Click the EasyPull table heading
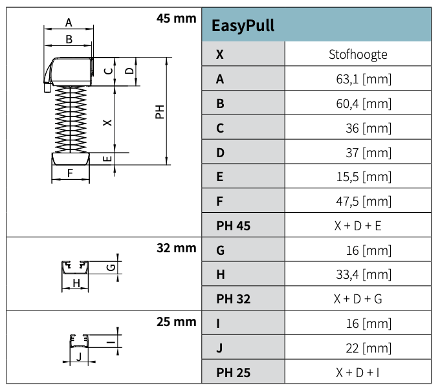pyautogui.click(x=243, y=25)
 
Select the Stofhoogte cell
pyautogui.click(x=358, y=54)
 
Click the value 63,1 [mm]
pyautogui.click(x=368, y=80)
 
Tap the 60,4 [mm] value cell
pyautogui.click(x=368, y=103)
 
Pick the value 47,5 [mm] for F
pyautogui.click(x=368, y=201)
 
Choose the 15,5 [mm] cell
pyautogui.click(x=368, y=177)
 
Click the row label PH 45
pyautogui.click(x=233, y=226)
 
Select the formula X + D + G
pyautogui.click(x=358, y=299)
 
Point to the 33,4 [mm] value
pyautogui.click(x=368, y=274)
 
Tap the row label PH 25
pyautogui.click(x=233, y=372)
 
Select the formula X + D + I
pyautogui.click(x=358, y=372)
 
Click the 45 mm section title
pyautogui.click(x=176, y=18)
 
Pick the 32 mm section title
pyautogui.click(x=176, y=247)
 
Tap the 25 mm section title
pyautogui.click(x=176, y=321)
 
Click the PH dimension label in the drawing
pyautogui.click(x=159, y=112)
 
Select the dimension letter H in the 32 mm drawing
pyautogui.click(x=76, y=283)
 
